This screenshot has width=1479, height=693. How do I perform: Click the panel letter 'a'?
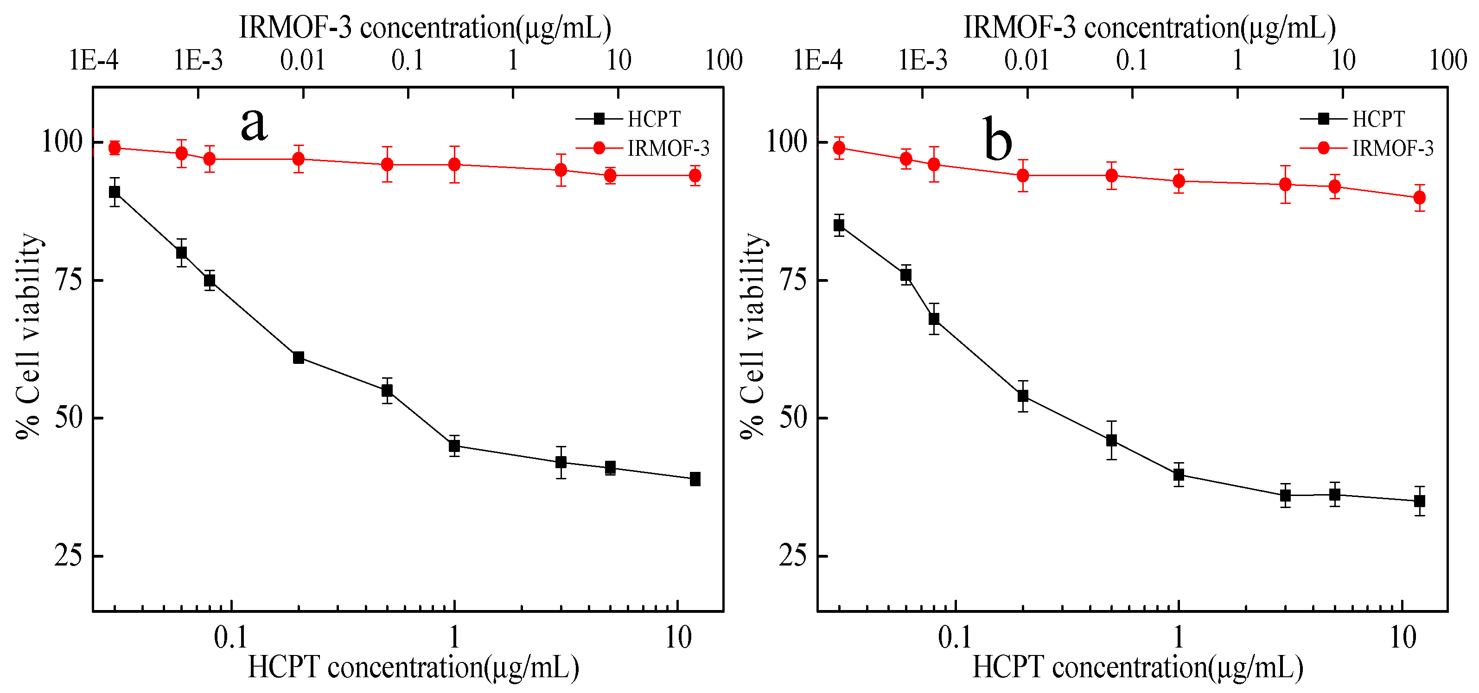tap(254, 125)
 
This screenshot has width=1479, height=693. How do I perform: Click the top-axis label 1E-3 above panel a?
tap(198, 60)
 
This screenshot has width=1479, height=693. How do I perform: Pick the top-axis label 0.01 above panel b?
tap(1026, 60)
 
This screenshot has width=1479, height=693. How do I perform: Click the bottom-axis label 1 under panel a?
tap(454, 637)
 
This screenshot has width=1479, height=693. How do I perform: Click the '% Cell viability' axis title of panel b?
tap(752, 336)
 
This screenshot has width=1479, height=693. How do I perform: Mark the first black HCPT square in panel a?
tap(115, 192)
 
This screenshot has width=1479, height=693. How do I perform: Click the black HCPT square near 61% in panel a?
tap(299, 358)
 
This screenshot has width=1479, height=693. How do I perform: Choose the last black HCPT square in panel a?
tap(695, 479)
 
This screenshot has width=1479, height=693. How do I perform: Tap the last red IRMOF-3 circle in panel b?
tap(1419, 197)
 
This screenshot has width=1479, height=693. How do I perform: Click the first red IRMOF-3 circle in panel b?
tap(839, 148)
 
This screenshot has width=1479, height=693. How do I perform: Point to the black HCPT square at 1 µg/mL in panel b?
tap(1179, 474)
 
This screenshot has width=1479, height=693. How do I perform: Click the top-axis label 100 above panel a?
tap(723, 60)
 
